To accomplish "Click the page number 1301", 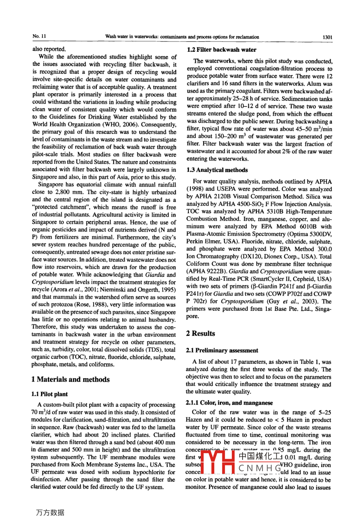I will click(x=327, y=37).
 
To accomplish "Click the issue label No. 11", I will click(x=39, y=37).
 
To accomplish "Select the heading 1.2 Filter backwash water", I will click(x=221, y=50).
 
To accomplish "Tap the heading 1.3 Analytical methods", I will click(x=217, y=170).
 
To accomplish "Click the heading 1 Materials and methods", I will click(x=70, y=379).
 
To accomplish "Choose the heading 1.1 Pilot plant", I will click(x=49, y=394).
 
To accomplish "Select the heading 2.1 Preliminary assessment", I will click(x=222, y=350).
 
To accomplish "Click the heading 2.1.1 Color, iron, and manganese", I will click(x=229, y=403).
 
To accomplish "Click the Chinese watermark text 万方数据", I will click(x=50, y=512).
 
